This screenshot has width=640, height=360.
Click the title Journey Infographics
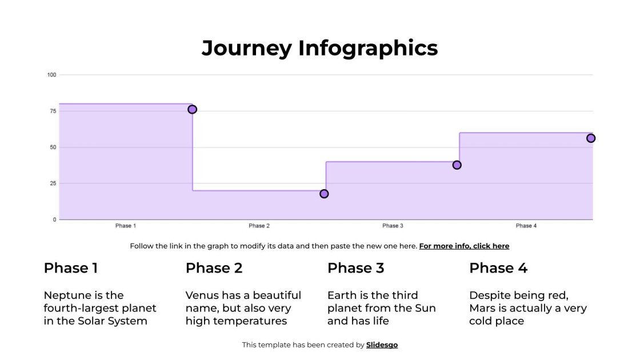[319, 48]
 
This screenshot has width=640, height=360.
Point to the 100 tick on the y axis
[51, 75]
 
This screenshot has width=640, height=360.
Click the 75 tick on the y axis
[53, 111]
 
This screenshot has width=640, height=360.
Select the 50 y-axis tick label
[53, 147]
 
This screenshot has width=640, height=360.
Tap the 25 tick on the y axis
[53, 183]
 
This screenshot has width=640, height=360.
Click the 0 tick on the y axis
[54, 219]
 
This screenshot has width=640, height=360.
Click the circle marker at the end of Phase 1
[192, 109]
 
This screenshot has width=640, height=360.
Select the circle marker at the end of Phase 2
[324, 194]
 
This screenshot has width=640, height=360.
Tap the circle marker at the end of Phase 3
[457, 165]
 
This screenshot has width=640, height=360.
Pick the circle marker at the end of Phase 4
[591, 138]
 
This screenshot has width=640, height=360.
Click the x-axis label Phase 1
[126, 226]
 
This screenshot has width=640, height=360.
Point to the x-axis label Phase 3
[393, 226]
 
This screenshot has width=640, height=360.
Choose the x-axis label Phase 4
[526, 226]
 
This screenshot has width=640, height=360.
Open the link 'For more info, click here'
[464, 246]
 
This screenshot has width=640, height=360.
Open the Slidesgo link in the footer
[382, 345]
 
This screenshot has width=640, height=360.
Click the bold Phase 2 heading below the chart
[214, 268]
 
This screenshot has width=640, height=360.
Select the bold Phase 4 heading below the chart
[498, 268]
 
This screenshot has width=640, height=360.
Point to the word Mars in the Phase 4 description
[482, 309]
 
